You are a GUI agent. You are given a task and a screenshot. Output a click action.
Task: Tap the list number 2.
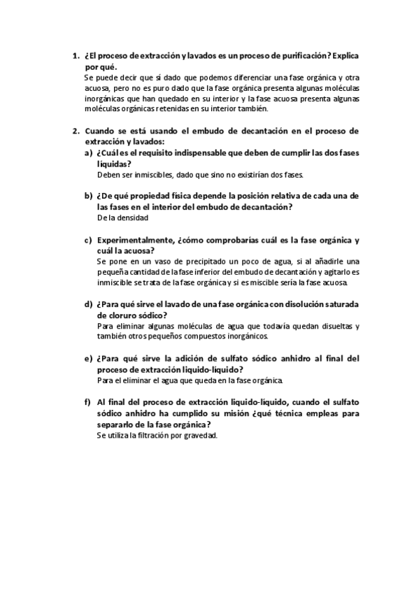(75, 131)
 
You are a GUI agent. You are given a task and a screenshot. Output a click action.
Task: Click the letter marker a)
(88, 153)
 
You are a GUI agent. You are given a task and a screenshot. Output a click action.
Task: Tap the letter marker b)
(88, 196)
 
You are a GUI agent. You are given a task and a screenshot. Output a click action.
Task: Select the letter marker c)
(88, 240)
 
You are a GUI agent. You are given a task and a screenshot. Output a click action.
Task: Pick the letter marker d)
(88, 304)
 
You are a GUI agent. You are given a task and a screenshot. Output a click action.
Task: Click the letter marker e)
(88, 359)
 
